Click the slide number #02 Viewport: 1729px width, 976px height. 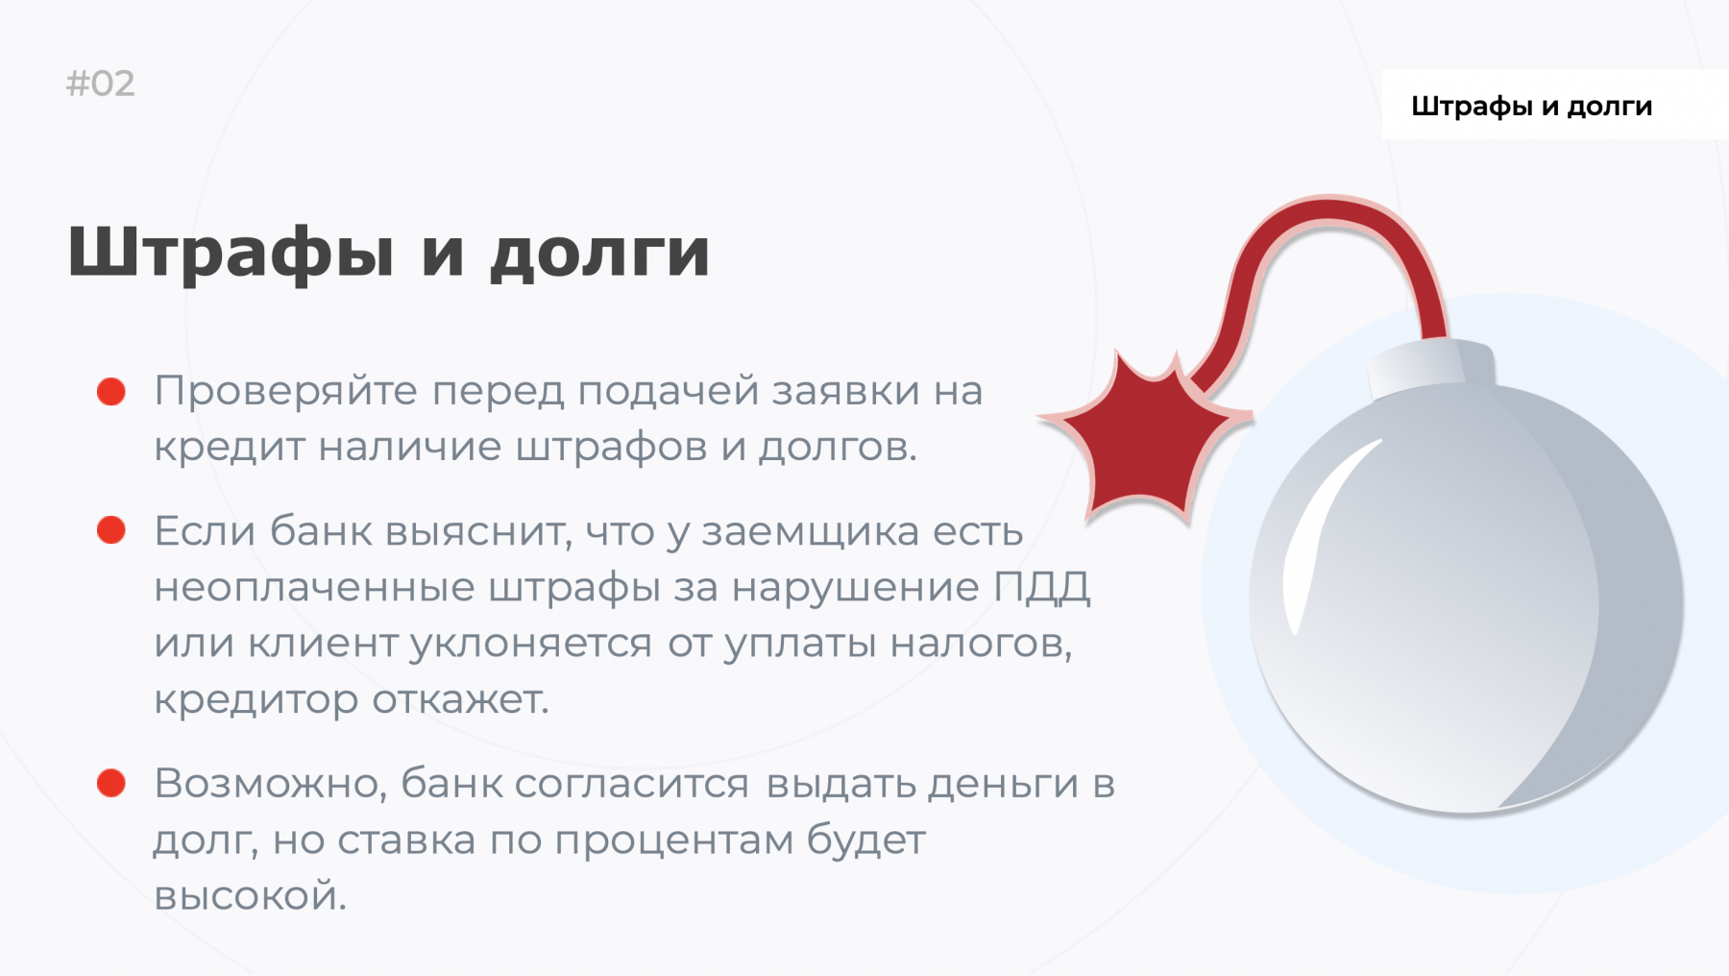[x=100, y=84]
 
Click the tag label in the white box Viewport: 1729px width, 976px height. [x=1531, y=106]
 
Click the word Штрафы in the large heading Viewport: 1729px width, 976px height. [x=231, y=253]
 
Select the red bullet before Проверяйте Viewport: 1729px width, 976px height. [x=111, y=392]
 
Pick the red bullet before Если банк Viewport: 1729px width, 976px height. [x=111, y=530]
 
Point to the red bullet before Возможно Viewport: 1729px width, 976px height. [x=111, y=783]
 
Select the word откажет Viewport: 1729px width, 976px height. [x=460, y=699]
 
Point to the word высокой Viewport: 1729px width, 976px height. [x=250, y=896]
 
